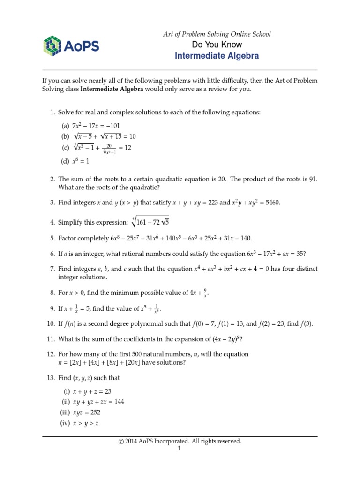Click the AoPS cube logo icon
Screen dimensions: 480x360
click(x=52, y=46)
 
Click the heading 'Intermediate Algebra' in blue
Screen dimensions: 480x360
click(x=217, y=56)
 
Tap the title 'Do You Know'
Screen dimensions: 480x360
click(x=217, y=45)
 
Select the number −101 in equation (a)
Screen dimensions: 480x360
click(x=116, y=125)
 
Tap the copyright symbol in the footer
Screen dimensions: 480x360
click(x=121, y=441)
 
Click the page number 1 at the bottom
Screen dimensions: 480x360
click(x=179, y=449)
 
